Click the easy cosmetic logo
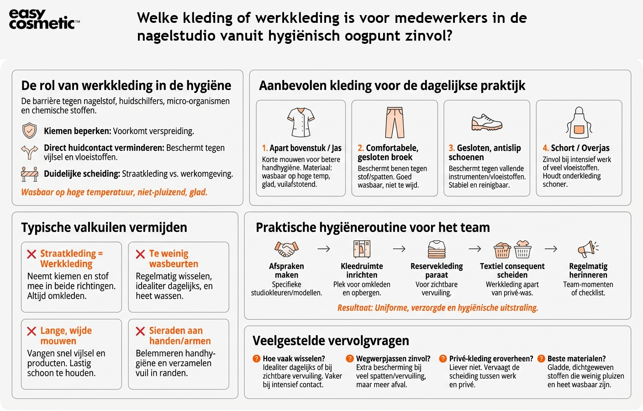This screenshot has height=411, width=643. (43, 19)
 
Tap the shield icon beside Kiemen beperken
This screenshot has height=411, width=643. (30, 131)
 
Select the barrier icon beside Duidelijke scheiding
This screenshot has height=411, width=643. (30, 174)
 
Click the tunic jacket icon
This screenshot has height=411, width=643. (300, 122)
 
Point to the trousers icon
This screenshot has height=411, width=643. (395, 122)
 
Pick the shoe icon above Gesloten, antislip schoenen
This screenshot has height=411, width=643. (486, 122)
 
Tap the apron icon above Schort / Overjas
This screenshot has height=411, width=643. (579, 122)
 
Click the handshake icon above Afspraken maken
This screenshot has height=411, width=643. (286, 249)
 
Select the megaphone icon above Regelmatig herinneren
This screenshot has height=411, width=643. (588, 249)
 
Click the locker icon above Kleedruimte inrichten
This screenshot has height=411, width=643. (362, 249)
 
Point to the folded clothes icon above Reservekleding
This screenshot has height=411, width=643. (437, 249)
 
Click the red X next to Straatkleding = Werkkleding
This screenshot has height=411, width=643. (32, 254)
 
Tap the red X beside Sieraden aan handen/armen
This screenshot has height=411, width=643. (140, 331)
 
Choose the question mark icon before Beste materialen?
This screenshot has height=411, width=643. (541, 359)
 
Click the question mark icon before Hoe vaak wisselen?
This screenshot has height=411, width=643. (257, 359)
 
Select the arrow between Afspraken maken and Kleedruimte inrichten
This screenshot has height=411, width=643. (324, 249)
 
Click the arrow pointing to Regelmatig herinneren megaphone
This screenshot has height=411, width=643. (551, 249)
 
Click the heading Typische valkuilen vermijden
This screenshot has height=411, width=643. (104, 227)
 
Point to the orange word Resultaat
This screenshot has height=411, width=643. (355, 308)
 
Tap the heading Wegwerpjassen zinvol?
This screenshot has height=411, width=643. (393, 359)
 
